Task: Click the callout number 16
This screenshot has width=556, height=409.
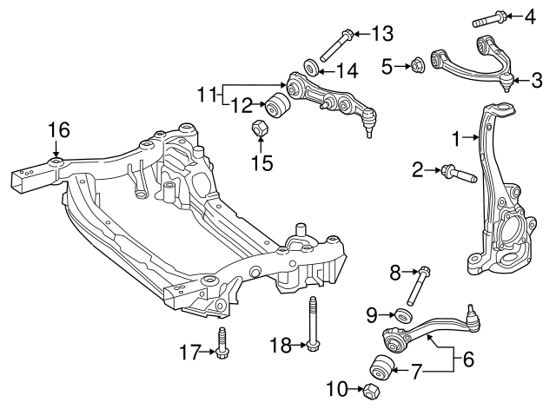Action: [58, 131]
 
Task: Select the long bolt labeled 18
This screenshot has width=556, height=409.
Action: [311, 326]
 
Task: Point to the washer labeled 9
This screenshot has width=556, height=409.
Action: [403, 314]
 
